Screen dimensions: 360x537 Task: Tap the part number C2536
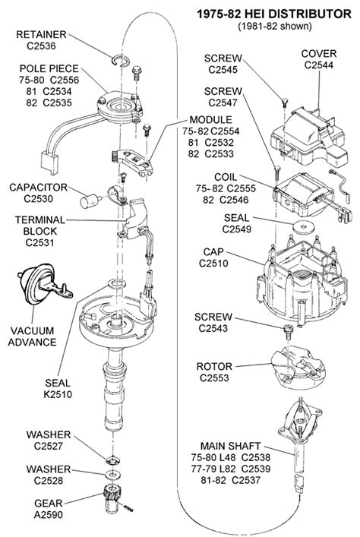pyautogui.click(x=41, y=46)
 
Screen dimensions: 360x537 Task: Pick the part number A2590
pyautogui.click(x=49, y=514)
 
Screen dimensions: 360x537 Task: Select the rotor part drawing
pyautogui.click(x=297, y=368)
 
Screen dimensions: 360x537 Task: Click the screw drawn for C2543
pyautogui.click(x=288, y=332)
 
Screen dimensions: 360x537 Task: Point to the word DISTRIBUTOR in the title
pyautogui.click(x=310, y=14)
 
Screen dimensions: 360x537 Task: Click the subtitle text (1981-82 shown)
pyautogui.click(x=275, y=26)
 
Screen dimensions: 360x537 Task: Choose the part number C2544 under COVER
pyautogui.click(x=318, y=65)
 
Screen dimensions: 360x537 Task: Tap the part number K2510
pyautogui.click(x=58, y=394)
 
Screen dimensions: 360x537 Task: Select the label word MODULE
pyautogui.click(x=210, y=120)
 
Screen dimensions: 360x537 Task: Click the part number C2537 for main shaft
pyautogui.click(x=246, y=480)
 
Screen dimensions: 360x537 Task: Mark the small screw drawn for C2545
pyautogui.click(x=284, y=103)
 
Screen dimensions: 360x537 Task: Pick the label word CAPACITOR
pyautogui.click(x=39, y=188)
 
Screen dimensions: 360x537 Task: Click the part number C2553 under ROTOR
pyautogui.click(x=214, y=377)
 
